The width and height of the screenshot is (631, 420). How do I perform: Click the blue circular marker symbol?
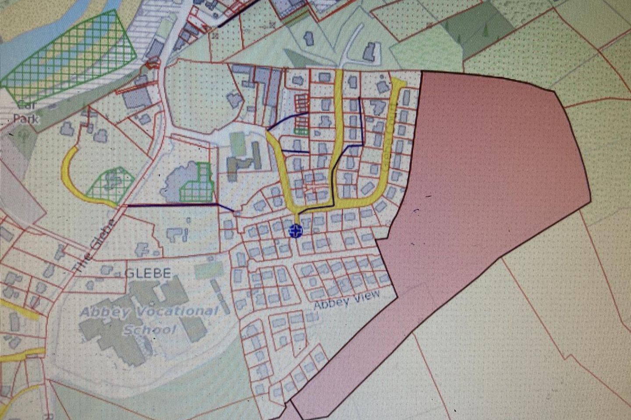296,231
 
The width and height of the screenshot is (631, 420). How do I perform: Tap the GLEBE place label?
148,273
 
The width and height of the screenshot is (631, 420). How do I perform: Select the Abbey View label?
347,300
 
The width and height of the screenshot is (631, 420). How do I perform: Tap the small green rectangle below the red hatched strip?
301,130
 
